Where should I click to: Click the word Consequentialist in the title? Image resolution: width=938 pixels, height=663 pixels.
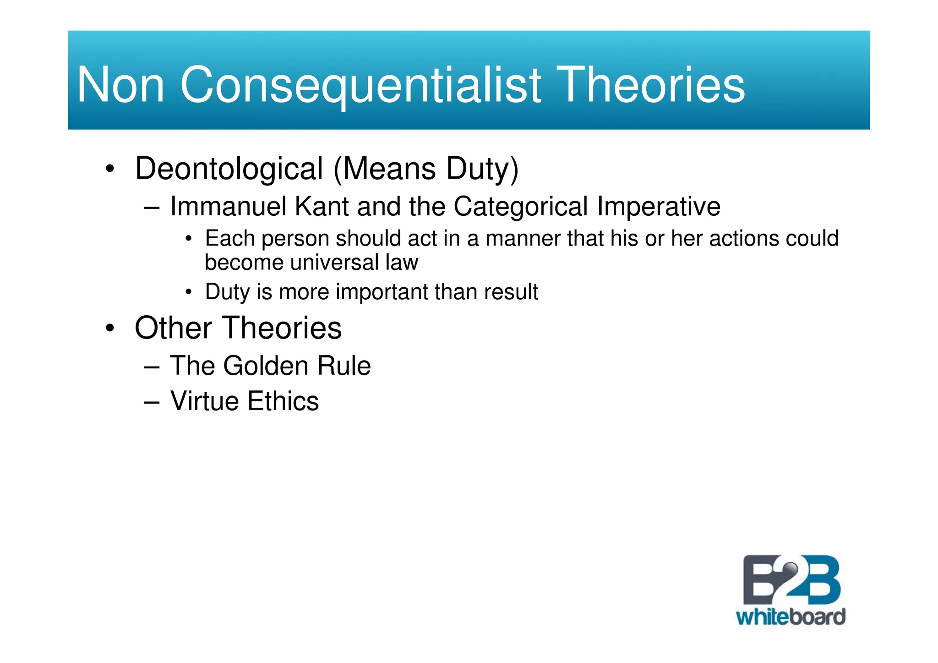click(x=361, y=85)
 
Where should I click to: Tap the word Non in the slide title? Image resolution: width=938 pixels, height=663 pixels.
click(x=120, y=85)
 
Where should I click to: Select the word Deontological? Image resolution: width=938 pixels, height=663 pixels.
click(x=229, y=169)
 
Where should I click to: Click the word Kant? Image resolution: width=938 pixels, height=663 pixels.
click(x=322, y=206)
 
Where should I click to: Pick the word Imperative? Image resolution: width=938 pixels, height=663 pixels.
click(x=659, y=206)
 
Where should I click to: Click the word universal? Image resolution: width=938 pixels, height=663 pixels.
click(x=334, y=263)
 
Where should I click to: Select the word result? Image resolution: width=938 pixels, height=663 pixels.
click(x=511, y=292)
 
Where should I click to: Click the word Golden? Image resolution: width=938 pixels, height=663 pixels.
click(x=266, y=366)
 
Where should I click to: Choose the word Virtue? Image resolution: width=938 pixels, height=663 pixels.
click(x=204, y=401)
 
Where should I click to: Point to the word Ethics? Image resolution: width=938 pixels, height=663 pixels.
click(x=283, y=401)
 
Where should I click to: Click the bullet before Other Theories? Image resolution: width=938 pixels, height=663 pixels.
click(x=109, y=328)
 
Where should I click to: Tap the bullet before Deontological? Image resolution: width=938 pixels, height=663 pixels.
click(x=109, y=169)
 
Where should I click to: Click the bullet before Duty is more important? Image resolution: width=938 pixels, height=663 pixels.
click(x=188, y=292)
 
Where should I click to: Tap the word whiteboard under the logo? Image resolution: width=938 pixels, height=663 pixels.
click(x=791, y=617)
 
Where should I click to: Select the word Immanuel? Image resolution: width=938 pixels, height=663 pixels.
click(x=228, y=206)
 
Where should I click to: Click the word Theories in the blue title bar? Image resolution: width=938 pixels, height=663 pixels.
click(x=652, y=85)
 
